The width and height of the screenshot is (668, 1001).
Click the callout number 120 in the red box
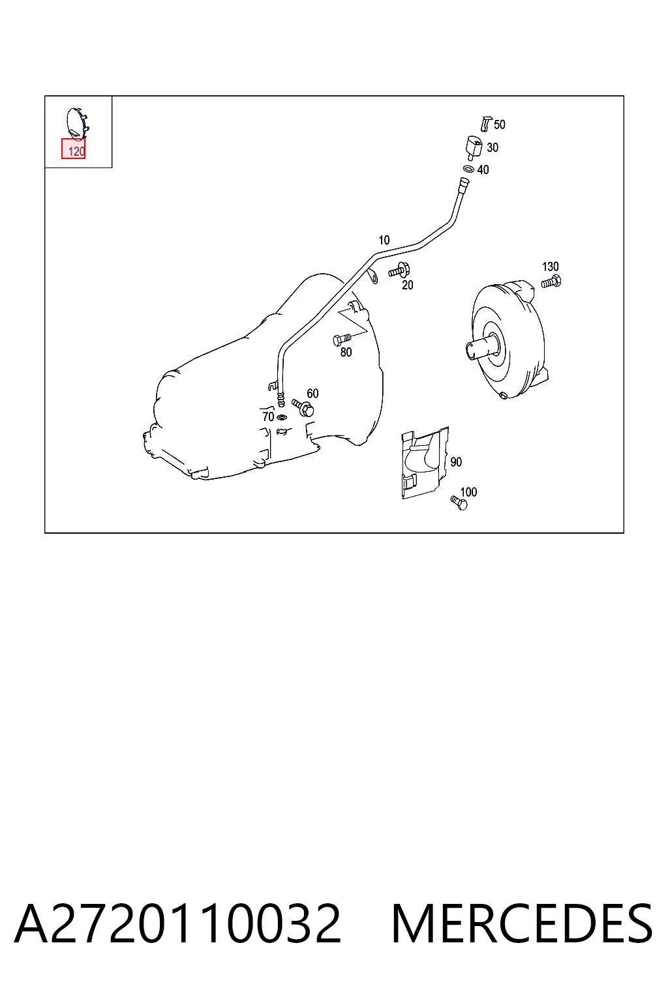76,151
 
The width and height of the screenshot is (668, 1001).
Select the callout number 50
499,124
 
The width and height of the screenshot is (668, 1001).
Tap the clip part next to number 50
486,124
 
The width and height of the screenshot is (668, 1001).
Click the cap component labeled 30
472,147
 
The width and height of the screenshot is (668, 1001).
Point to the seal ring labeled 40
468,169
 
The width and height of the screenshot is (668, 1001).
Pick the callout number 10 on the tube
384,240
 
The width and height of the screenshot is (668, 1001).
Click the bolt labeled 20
399,270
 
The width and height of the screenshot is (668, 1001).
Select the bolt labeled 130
551,282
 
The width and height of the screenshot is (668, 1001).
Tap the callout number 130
550,267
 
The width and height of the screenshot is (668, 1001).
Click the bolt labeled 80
342,340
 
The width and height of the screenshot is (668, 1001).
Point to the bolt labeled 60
303,407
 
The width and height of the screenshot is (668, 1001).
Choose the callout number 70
268,416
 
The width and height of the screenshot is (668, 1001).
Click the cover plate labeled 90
425,463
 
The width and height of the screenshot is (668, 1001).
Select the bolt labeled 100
459,502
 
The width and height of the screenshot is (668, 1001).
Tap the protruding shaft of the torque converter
480,348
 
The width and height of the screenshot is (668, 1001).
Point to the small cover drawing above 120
77,122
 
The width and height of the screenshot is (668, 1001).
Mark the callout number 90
456,461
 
